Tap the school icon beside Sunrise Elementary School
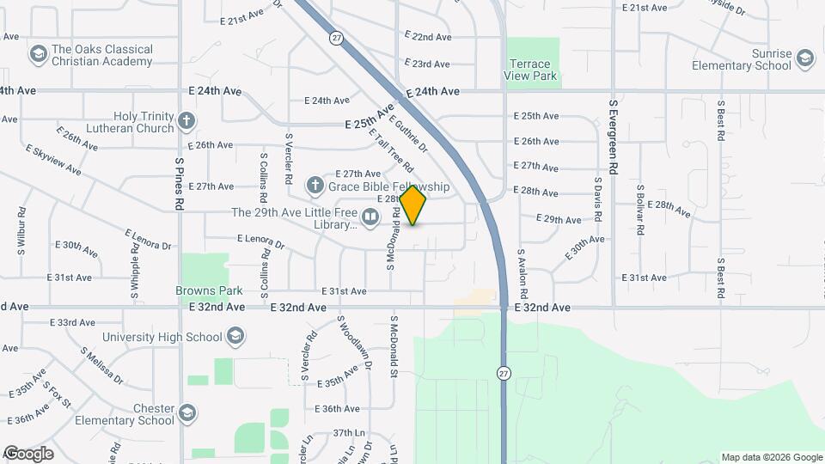tap(804, 58)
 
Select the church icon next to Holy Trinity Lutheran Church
tap(187, 121)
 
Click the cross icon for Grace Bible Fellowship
tap(315, 186)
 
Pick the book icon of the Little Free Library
tap(370, 218)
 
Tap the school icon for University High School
tap(236, 336)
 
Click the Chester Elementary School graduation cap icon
tap(187, 414)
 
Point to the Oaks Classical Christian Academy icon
tap(38, 55)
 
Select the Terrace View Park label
tap(532, 70)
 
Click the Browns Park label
tap(204, 291)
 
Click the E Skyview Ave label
tap(53, 160)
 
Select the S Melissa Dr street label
tap(101, 365)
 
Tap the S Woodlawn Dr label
tap(354, 342)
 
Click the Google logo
tap(28, 454)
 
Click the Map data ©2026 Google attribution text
tap(771, 457)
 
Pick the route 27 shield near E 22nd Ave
tap(336, 37)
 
